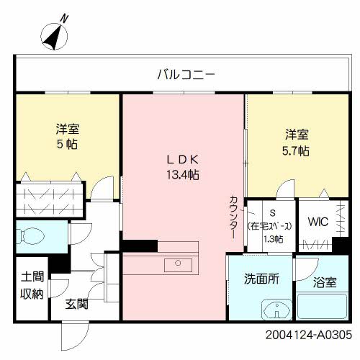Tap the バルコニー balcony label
pos(186,73)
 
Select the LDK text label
pos(184,159)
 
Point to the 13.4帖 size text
pos(184,174)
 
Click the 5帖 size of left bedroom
pos(68,144)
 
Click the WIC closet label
pos(318,222)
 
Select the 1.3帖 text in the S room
pos(273,239)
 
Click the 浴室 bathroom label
pos(324,283)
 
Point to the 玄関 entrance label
pos(77,304)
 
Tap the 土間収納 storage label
pos(31,285)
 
